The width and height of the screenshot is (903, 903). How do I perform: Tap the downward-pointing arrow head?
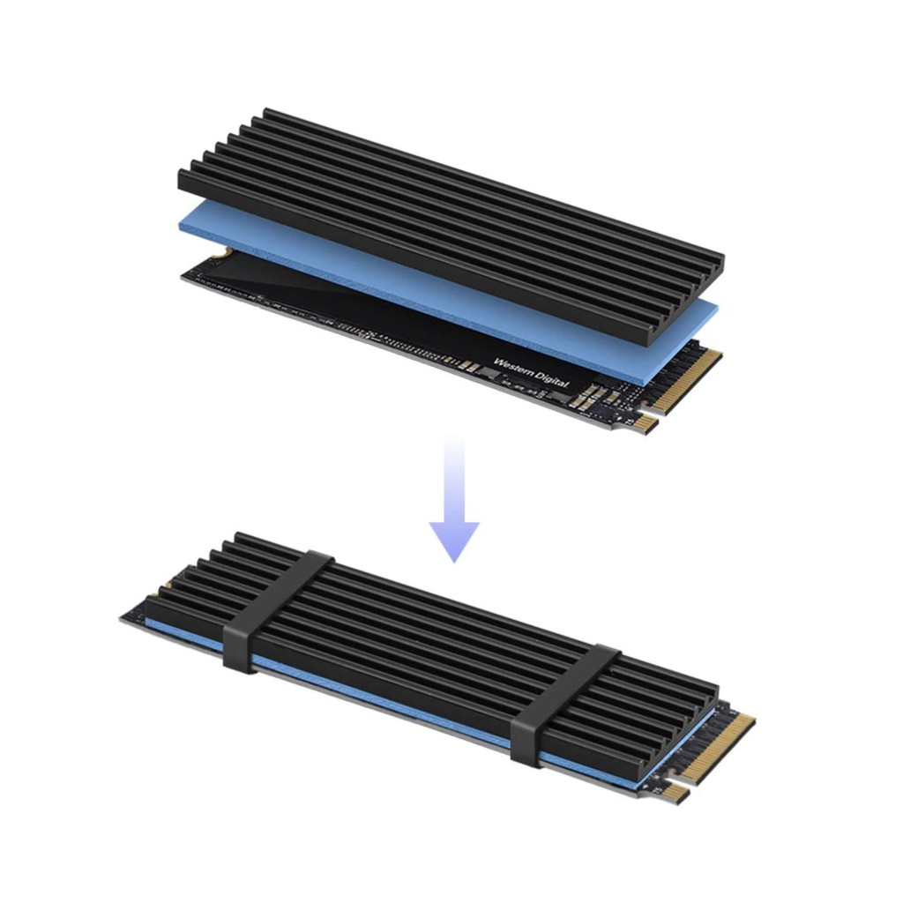454,540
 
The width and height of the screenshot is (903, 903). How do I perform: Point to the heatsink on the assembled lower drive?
423,635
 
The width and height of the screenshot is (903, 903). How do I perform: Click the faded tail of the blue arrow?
454,459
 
